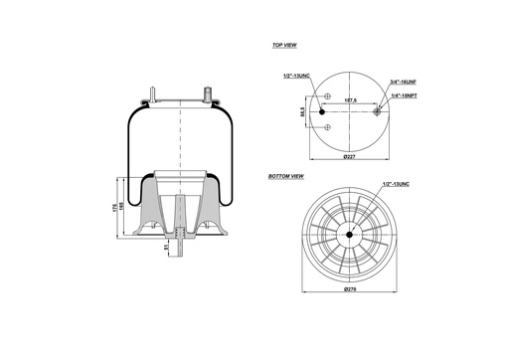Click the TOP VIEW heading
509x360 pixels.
click(x=284, y=46)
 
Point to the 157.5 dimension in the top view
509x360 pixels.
click(x=351, y=100)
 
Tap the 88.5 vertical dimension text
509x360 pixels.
click(x=303, y=112)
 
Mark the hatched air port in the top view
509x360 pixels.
click(x=376, y=111)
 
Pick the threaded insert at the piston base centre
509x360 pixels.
click(x=180, y=236)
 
